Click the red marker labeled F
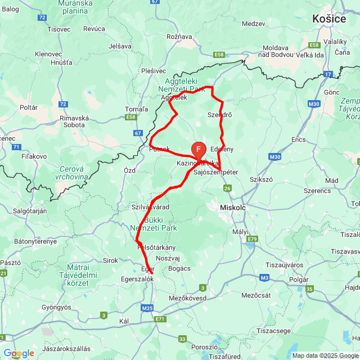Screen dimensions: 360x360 point(199,149)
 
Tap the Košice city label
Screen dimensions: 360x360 point(329,19)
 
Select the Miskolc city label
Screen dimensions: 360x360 point(233,208)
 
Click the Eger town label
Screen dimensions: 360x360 point(147,269)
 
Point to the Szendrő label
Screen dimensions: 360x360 point(219,115)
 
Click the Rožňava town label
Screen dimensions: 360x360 point(179,37)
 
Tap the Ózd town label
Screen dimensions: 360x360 point(129,170)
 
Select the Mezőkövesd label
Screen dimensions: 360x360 point(188,298)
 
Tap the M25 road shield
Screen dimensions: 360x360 point(147,308)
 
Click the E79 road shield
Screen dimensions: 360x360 point(251,239)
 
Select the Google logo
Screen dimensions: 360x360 point(18,353)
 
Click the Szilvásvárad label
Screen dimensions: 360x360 point(150,208)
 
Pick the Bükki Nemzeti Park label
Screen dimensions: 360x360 point(153,224)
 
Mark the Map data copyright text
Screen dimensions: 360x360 point(325,355)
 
